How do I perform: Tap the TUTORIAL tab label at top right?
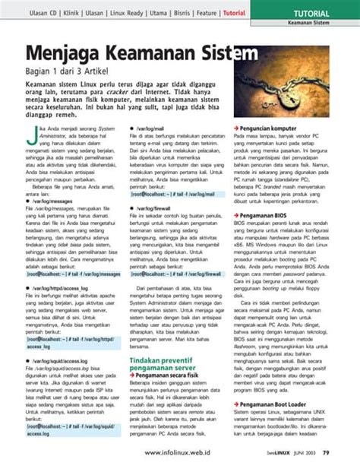coord(311,14)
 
